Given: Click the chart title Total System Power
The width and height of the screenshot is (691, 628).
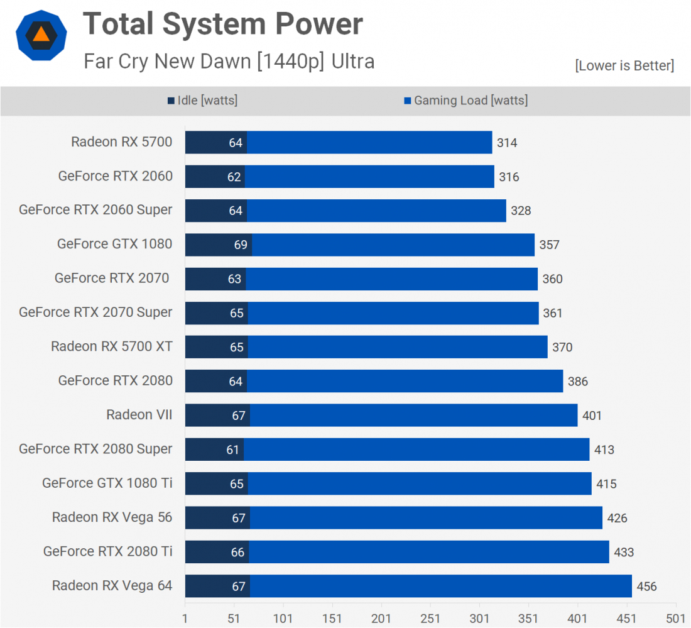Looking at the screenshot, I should pyautogui.click(x=223, y=25).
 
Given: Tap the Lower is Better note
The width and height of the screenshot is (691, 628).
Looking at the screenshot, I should pyautogui.click(x=624, y=65).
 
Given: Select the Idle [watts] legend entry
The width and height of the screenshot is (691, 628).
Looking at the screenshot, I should pyautogui.click(x=202, y=101).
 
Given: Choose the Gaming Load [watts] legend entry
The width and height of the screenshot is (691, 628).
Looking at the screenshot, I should pyautogui.click(x=465, y=101).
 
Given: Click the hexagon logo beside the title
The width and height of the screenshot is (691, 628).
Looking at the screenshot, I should pyautogui.click(x=41, y=35).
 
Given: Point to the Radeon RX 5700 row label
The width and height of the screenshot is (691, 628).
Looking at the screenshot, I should pyautogui.click(x=121, y=142).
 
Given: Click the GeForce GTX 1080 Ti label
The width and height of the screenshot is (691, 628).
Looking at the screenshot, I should pyautogui.click(x=107, y=483).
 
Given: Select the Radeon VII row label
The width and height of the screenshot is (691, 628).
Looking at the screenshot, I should pyautogui.click(x=139, y=415).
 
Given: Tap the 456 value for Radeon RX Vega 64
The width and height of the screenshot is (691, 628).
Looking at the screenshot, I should pyautogui.click(x=646, y=587).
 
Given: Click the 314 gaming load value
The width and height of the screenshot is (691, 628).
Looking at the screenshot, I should pyautogui.click(x=507, y=143).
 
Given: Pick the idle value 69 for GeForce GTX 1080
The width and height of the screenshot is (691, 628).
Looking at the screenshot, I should pyautogui.click(x=241, y=245).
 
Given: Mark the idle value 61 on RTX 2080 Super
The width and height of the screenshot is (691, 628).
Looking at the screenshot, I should pyautogui.click(x=233, y=449).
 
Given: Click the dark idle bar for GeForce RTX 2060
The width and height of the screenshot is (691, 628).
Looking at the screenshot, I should pyautogui.click(x=215, y=177).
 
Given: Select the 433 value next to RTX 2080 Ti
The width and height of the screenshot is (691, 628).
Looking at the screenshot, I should pyautogui.click(x=624, y=553).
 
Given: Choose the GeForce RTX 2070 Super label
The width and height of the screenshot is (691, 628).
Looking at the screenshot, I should pyautogui.click(x=95, y=312).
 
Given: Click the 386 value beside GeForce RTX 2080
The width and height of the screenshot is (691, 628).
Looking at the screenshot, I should pyautogui.click(x=577, y=382).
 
